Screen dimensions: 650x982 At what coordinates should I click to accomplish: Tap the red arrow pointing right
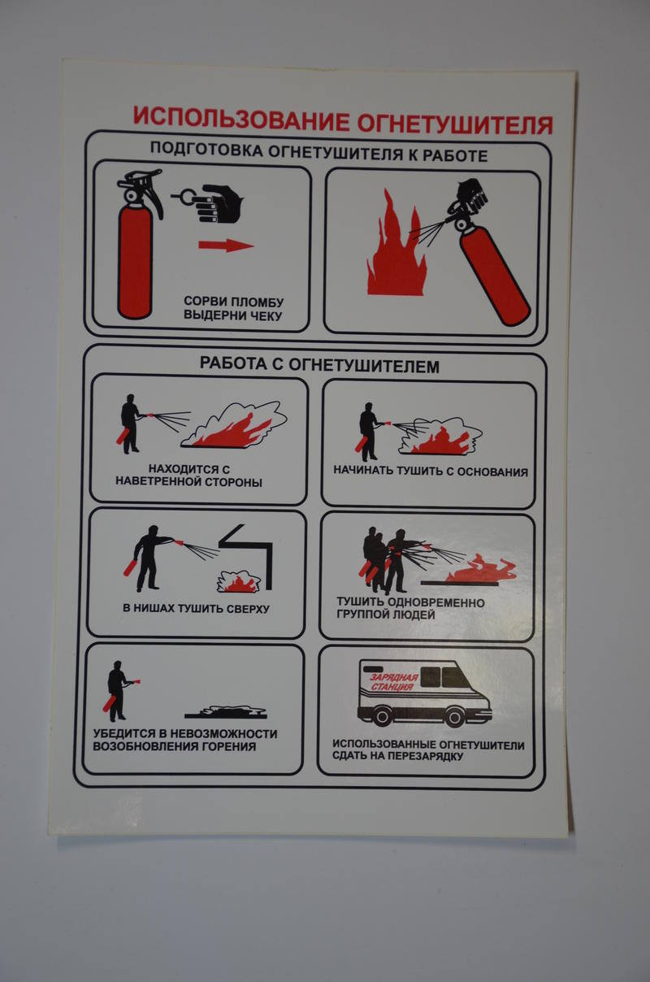tap(226, 245)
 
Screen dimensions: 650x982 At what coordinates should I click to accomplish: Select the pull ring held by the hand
tap(186, 196)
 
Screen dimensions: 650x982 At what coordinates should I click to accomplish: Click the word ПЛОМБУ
tap(258, 302)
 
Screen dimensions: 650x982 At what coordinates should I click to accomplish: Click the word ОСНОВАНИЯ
tap(492, 472)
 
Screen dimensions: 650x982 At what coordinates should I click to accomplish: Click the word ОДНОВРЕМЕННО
tap(436, 603)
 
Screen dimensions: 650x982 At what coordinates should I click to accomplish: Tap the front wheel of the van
tap(453, 717)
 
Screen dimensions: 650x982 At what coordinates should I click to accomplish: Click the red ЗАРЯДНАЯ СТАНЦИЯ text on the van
tap(393, 682)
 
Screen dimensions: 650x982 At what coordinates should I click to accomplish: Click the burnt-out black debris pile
tap(226, 711)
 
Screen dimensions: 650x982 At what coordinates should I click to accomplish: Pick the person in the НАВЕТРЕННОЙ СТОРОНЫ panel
tap(130, 424)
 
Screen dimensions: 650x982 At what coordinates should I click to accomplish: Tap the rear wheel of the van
tap(382, 716)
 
